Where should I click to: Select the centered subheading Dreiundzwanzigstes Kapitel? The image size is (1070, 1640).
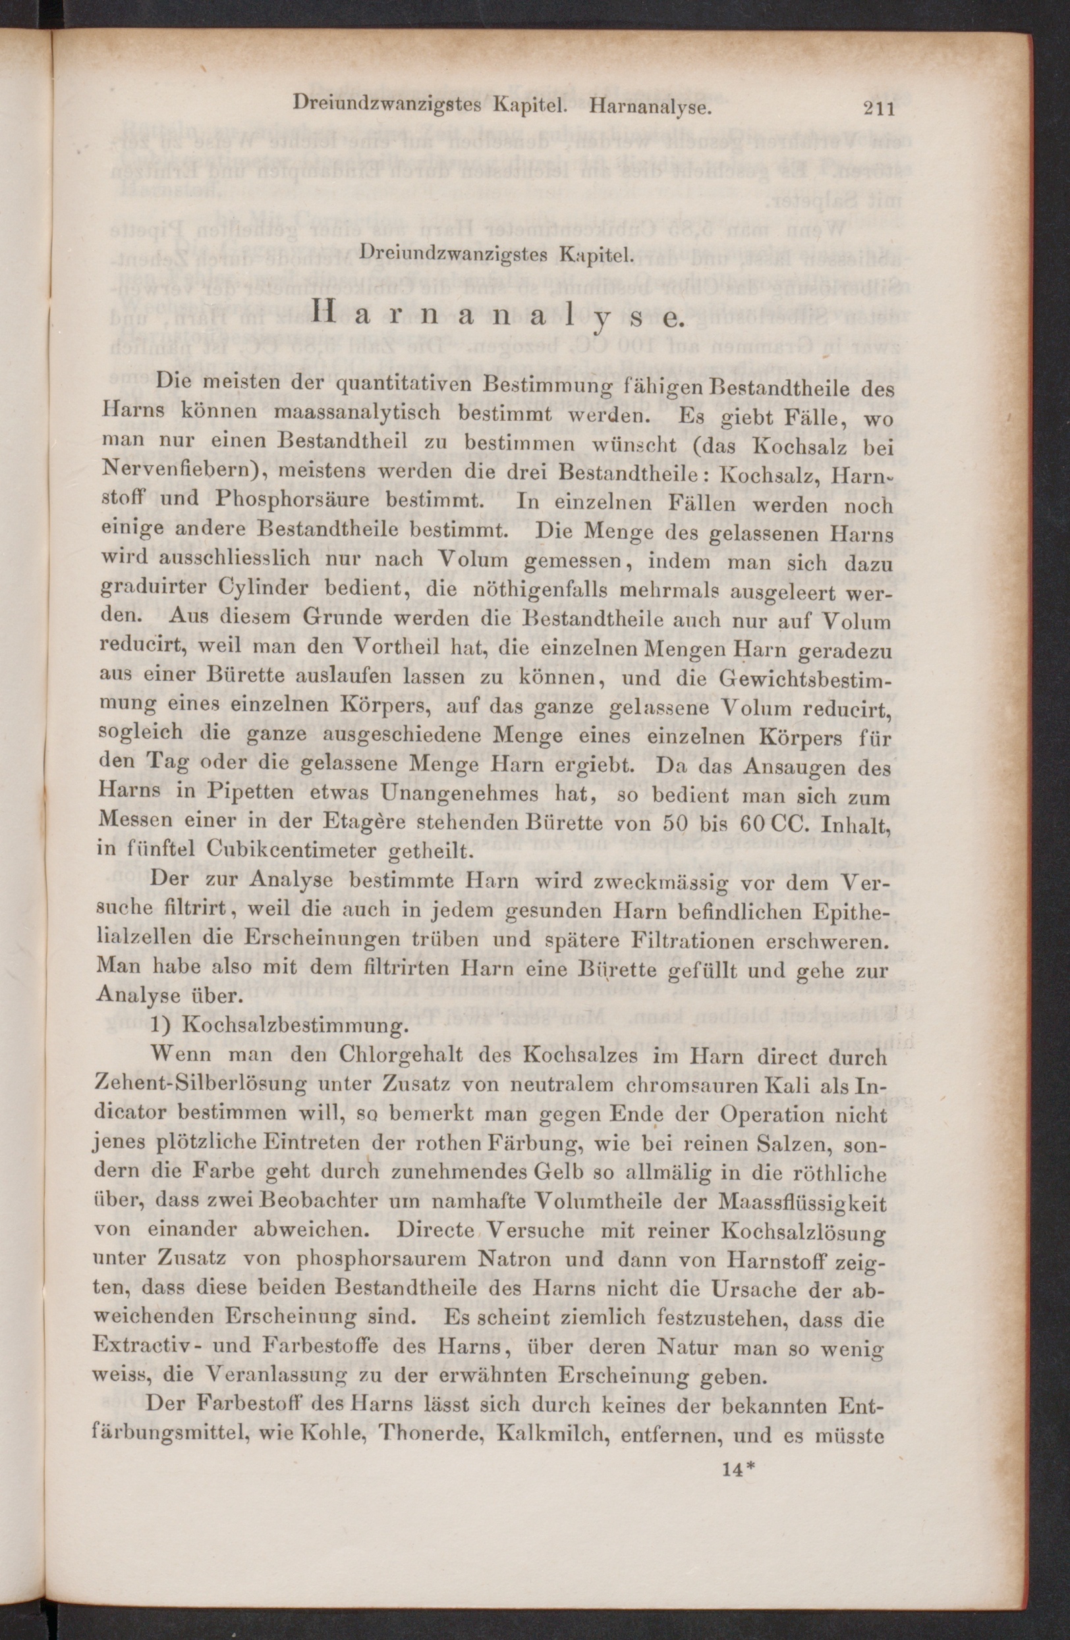495,254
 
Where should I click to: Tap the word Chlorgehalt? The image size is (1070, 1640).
390,1055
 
